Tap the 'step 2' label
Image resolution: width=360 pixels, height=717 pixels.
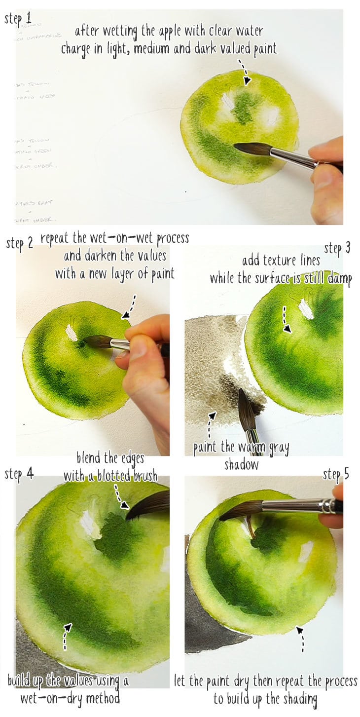pos(20,243)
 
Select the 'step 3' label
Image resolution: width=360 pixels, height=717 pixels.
pos(337,248)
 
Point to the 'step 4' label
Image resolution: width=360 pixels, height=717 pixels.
pos(19,474)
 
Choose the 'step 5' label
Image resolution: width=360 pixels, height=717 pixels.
pos(336,475)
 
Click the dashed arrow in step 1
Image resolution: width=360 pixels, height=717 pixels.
pos(244,73)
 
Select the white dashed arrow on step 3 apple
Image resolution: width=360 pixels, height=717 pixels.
pos(286,319)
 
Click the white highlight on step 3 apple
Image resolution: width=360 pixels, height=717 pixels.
pos(306,309)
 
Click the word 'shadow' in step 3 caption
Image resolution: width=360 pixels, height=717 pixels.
pos(241,464)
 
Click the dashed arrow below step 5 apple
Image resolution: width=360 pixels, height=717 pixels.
pos(301,639)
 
